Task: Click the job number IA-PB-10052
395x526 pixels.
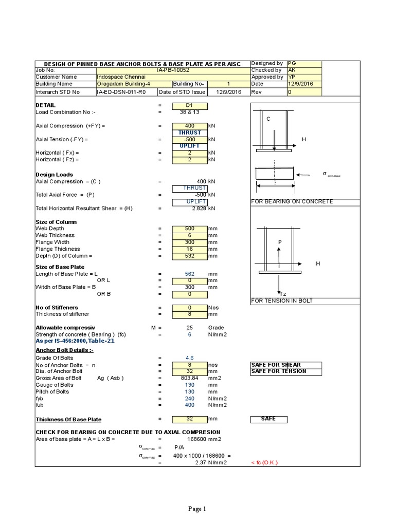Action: tap(173, 70)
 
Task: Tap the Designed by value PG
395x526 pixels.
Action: tap(292, 63)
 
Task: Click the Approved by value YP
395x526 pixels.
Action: tap(292, 77)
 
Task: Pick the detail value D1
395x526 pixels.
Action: tap(189, 106)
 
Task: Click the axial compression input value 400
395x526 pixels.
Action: tap(189, 126)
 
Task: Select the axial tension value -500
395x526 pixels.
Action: tap(189, 139)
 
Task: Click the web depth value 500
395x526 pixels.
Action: tap(189, 229)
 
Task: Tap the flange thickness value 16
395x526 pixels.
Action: tap(189, 249)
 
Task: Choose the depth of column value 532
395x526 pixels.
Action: tap(189, 256)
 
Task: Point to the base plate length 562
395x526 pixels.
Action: tap(189, 274)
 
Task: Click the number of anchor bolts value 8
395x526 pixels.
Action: tap(189, 365)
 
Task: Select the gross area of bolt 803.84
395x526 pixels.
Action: tap(189, 378)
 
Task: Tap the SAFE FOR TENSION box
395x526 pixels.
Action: tap(278, 371)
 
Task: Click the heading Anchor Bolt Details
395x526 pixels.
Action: tap(64, 350)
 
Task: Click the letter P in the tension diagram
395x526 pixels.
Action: tap(280, 242)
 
